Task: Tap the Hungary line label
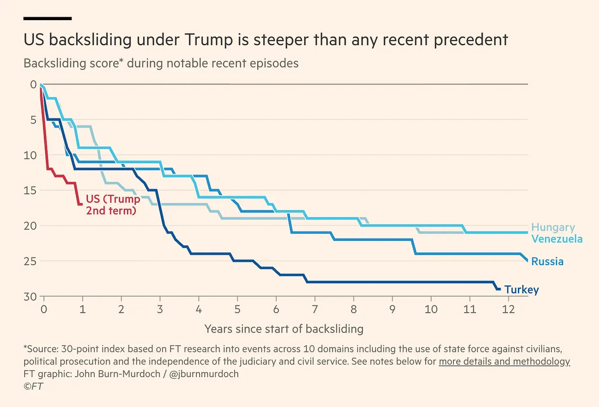(x=553, y=227)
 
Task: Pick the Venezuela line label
(x=557, y=239)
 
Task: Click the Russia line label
(x=547, y=261)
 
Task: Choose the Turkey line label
(x=521, y=290)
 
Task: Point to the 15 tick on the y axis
(x=30, y=190)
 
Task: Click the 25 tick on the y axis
(x=30, y=261)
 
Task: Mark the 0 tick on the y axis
(x=33, y=85)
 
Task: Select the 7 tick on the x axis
(x=315, y=309)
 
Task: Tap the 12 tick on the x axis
(x=508, y=309)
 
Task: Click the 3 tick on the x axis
(x=160, y=309)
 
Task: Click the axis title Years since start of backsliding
(x=284, y=329)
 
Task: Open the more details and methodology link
(x=504, y=361)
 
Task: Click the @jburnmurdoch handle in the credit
(x=204, y=374)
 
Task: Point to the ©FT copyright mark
(x=33, y=386)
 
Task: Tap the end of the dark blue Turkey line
(x=499, y=289)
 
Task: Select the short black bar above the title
(x=47, y=18)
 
